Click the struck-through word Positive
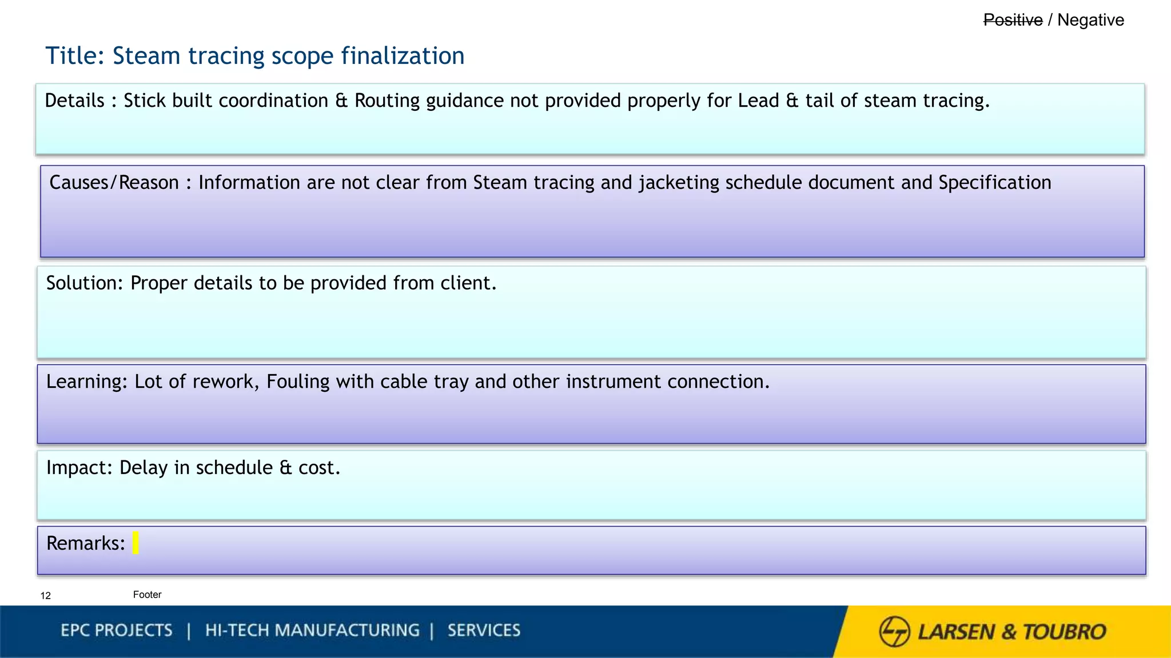pyautogui.click(x=1013, y=20)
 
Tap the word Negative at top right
pyautogui.click(x=1090, y=20)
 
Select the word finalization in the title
pyautogui.click(x=403, y=56)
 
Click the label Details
pyautogui.click(x=74, y=101)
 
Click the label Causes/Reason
pyautogui.click(x=114, y=183)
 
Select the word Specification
pyautogui.click(x=994, y=183)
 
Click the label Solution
pyautogui.click(x=83, y=283)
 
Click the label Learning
pyautogui.click(x=86, y=382)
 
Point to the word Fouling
pyautogui.click(x=298, y=382)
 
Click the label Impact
pyautogui.click(x=78, y=468)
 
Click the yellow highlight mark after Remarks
pyautogui.click(x=136, y=543)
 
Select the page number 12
pyautogui.click(x=46, y=596)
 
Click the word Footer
pyautogui.click(x=147, y=595)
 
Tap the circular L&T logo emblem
pyautogui.click(x=894, y=631)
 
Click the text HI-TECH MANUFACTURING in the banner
pyautogui.click(x=312, y=631)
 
